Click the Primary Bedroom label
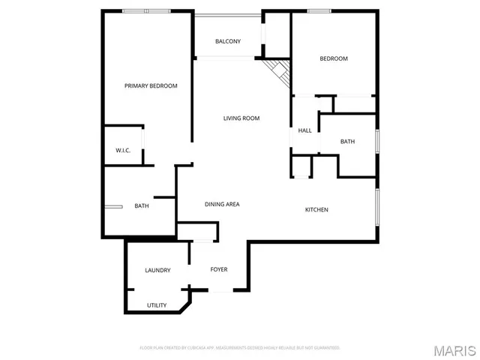(151, 86)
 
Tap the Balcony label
(228, 41)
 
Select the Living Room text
(241, 118)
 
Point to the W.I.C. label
(123, 151)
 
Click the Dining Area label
(222, 204)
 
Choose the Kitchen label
(316, 209)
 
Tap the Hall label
(304, 130)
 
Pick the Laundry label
(157, 270)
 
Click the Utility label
(157, 305)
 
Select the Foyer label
(218, 269)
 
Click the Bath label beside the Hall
(347, 141)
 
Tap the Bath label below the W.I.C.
(142, 206)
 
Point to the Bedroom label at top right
(334, 58)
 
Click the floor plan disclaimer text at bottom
(240, 348)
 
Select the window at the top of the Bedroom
(319, 10)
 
